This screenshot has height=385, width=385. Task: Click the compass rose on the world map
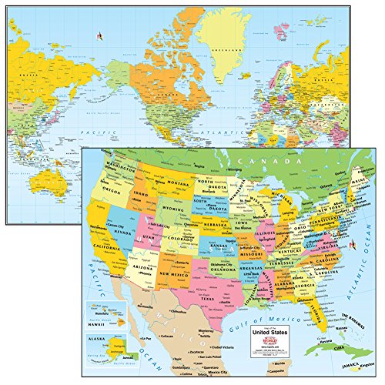click(99, 35)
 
